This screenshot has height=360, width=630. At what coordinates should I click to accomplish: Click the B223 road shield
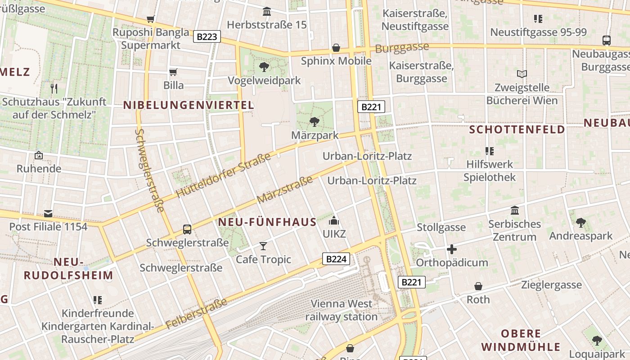click(207, 36)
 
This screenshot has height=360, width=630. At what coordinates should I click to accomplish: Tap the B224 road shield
click(336, 259)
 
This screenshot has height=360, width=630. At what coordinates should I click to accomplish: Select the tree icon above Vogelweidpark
click(264, 67)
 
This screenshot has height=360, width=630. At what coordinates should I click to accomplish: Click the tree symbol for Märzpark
click(314, 121)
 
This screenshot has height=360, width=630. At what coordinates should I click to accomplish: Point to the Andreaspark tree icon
click(580, 222)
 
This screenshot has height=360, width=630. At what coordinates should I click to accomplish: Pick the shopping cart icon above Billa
click(173, 72)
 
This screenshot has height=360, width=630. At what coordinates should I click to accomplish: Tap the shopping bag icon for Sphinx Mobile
click(336, 48)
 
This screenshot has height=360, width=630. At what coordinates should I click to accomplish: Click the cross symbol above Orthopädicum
click(452, 249)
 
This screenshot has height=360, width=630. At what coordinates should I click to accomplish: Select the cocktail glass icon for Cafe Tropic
click(263, 246)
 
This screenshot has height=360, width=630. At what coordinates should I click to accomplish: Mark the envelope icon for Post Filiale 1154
click(48, 213)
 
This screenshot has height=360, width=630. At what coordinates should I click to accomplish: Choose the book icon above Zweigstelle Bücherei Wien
click(522, 74)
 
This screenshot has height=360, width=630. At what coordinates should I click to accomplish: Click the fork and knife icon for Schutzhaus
click(54, 88)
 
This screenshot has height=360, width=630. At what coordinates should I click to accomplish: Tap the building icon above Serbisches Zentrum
click(515, 210)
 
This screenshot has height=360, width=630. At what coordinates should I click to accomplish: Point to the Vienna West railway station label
click(342, 310)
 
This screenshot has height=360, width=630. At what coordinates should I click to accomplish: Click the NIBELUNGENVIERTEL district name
click(189, 105)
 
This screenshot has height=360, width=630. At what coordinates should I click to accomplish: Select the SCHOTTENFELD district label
click(517, 130)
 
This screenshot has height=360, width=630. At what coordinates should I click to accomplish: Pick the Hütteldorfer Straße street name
click(223, 175)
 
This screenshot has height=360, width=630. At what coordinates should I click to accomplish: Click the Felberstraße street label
click(197, 313)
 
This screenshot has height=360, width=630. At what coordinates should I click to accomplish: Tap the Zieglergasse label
click(551, 284)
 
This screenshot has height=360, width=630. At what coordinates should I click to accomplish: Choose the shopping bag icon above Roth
click(478, 286)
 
